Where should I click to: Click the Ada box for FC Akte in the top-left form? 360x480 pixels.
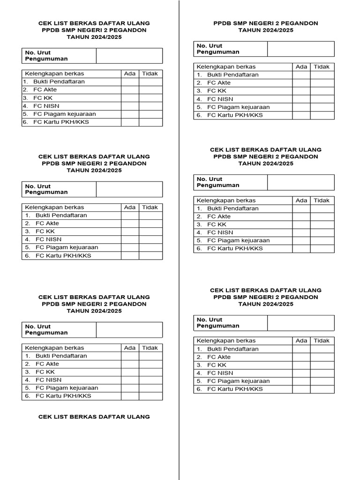(130, 90)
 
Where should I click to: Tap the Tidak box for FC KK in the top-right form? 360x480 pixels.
(322, 91)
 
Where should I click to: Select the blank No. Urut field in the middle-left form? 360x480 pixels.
(129, 189)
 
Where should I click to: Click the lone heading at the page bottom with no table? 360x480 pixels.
(94, 417)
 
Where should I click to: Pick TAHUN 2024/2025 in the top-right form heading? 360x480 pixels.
(266, 30)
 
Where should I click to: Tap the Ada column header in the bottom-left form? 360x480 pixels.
(130, 348)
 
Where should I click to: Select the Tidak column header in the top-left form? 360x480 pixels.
(150, 74)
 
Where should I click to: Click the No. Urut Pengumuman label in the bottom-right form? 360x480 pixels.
(218, 323)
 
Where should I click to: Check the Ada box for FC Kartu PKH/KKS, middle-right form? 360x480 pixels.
(301, 249)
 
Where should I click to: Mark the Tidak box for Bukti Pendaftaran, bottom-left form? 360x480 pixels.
(150, 356)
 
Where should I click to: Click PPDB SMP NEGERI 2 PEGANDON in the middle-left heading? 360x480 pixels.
(94, 164)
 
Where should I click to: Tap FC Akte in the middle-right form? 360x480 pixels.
(219, 217)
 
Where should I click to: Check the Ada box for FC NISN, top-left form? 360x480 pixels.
(130, 106)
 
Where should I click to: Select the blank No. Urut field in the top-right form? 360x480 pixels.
(301, 49)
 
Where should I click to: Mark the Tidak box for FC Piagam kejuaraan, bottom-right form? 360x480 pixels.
(322, 381)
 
